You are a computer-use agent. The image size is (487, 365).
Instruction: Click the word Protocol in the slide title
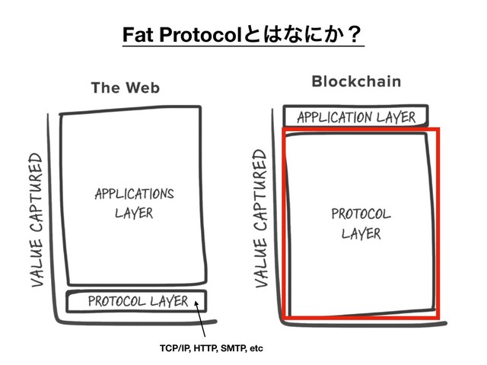(196, 35)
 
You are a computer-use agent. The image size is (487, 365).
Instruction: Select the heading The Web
(126, 87)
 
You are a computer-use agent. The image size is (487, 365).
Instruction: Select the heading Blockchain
(357, 81)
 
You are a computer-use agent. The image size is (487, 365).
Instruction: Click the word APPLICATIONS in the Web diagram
(134, 192)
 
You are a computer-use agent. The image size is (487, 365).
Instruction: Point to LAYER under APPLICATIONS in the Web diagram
(134, 213)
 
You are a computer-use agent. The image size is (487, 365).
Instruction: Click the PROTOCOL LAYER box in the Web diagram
(137, 301)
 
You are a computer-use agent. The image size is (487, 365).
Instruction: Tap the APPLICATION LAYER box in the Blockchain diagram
(356, 116)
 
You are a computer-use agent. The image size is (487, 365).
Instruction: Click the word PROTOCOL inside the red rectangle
(361, 213)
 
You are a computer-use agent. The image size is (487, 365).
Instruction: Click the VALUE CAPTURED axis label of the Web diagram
(35, 221)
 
